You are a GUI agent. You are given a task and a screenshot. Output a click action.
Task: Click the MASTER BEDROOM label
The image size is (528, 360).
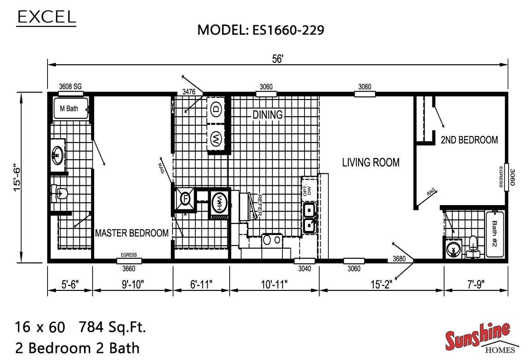(x=132, y=233)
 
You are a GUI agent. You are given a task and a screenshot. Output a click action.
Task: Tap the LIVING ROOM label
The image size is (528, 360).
(x=371, y=162)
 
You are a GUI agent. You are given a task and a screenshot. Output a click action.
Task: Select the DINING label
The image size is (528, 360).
(x=267, y=115)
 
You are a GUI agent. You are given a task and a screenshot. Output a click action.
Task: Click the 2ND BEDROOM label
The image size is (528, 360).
(x=469, y=140)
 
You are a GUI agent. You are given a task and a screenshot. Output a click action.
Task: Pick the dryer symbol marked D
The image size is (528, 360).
(x=216, y=109)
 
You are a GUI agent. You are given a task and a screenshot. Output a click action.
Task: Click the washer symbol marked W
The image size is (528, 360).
(x=216, y=139)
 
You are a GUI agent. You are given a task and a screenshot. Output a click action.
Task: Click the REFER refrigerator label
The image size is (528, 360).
(x=260, y=205)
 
